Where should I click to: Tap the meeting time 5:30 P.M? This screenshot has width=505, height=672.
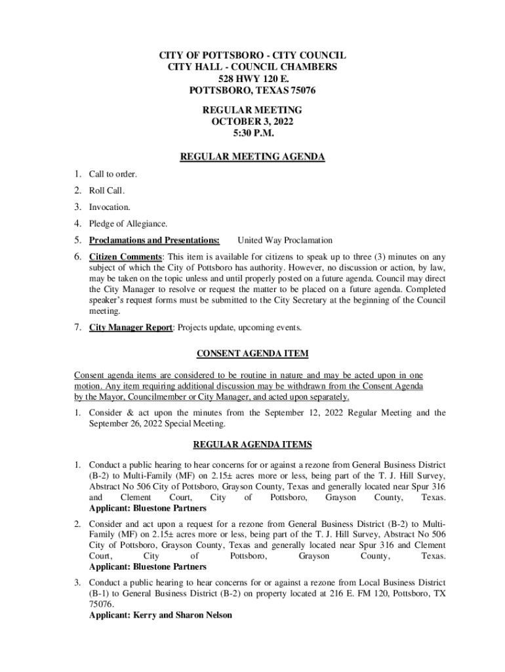click(253, 133)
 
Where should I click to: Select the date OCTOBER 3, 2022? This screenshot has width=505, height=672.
click(253, 121)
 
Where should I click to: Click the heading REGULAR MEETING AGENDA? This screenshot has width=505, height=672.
click(253, 157)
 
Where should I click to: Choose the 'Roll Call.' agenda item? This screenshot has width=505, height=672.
click(107, 190)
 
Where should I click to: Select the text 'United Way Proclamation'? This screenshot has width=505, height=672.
click(285, 240)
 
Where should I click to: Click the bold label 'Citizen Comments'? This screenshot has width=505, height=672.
click(125, 257)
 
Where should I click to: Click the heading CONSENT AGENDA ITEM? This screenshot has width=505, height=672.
click(253, 354)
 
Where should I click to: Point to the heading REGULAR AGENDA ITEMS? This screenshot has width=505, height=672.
click(253, 444)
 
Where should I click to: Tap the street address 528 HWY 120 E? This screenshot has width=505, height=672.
click(253, 79)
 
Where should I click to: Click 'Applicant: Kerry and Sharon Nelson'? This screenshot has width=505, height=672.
click(160, 616)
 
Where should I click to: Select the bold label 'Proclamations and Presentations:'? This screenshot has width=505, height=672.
click(154, 240)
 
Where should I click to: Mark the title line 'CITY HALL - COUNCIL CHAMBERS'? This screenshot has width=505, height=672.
click(253, 67)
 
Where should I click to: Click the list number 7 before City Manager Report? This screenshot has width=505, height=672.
click(77, 327)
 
